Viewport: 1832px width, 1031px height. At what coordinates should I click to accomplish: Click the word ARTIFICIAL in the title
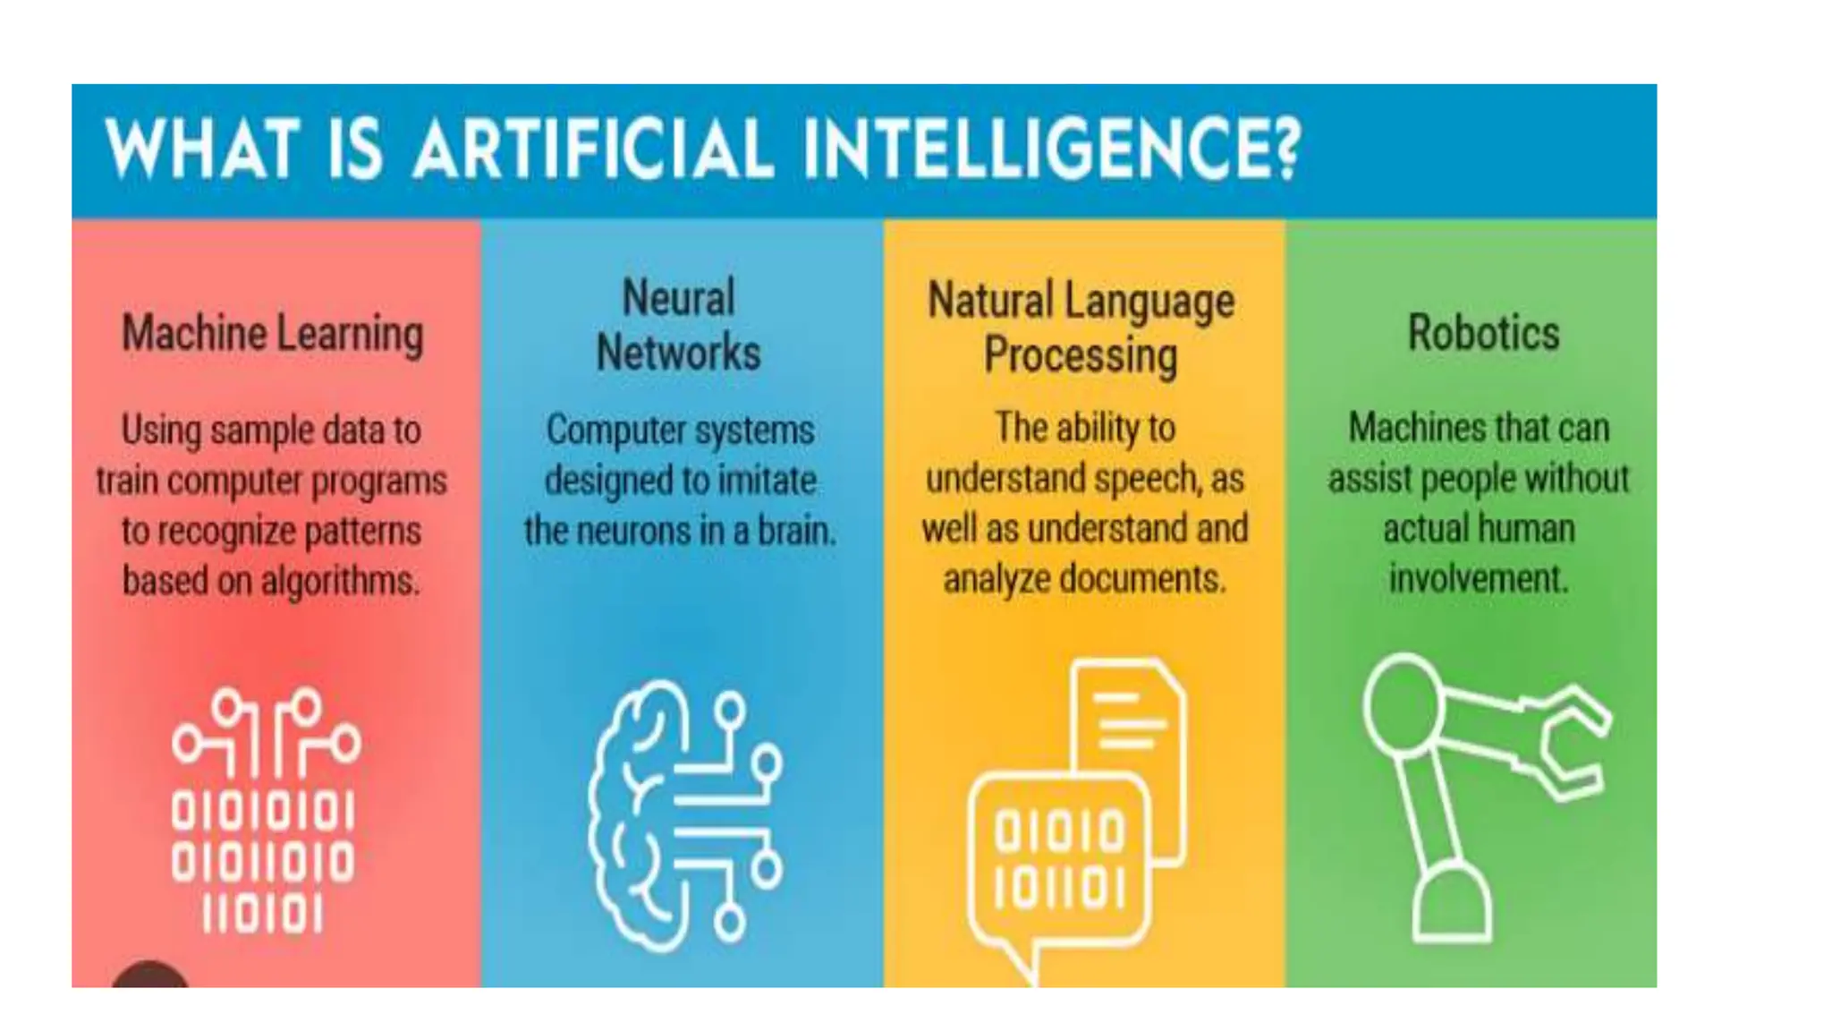pyautogui.click(x=592, y=149)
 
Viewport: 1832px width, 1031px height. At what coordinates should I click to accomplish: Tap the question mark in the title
pyautogui.click(x=1286, y=149)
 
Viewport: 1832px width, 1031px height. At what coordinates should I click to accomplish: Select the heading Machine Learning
pyautogui.click(x=272, y=334)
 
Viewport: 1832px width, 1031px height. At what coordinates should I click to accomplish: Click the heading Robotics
pyautogui.click(x=1483, y=333)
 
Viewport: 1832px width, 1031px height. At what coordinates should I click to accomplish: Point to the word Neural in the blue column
pyautogui.click(x=678, y=298)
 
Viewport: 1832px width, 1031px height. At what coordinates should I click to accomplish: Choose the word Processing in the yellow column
pyautogui.click(x=1081, y=355)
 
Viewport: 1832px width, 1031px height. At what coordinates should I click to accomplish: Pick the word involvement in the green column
pyautogui.click(x=1478, y=579)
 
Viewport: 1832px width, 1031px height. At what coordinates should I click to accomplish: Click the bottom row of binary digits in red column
pyautogui.click(x=262, y=915)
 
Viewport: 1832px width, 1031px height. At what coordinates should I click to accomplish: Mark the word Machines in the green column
pyautogui.click(x=1403, y=428)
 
